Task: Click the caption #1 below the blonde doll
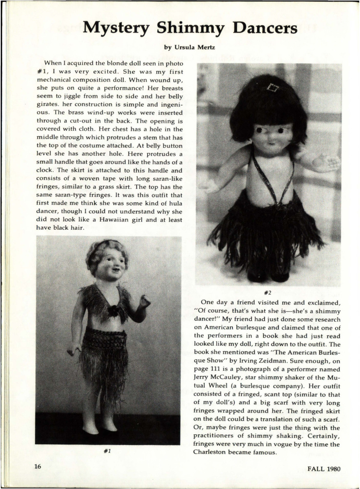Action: (107, 451)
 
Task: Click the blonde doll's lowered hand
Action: (74, 349)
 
